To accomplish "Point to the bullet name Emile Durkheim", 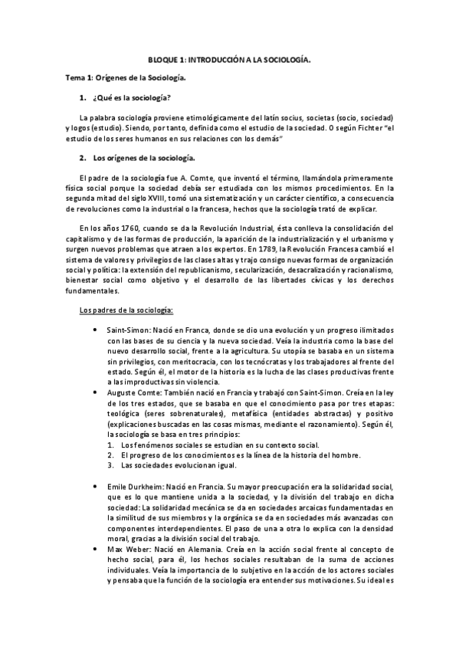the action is click(136, 486).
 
